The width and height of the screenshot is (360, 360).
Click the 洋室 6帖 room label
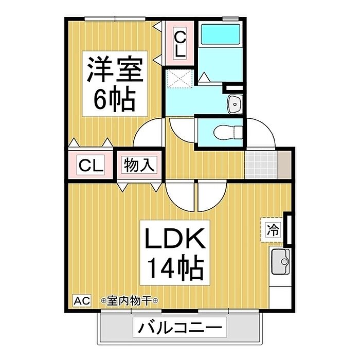[114, 84]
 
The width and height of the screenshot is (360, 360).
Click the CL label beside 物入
[91, 166]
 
